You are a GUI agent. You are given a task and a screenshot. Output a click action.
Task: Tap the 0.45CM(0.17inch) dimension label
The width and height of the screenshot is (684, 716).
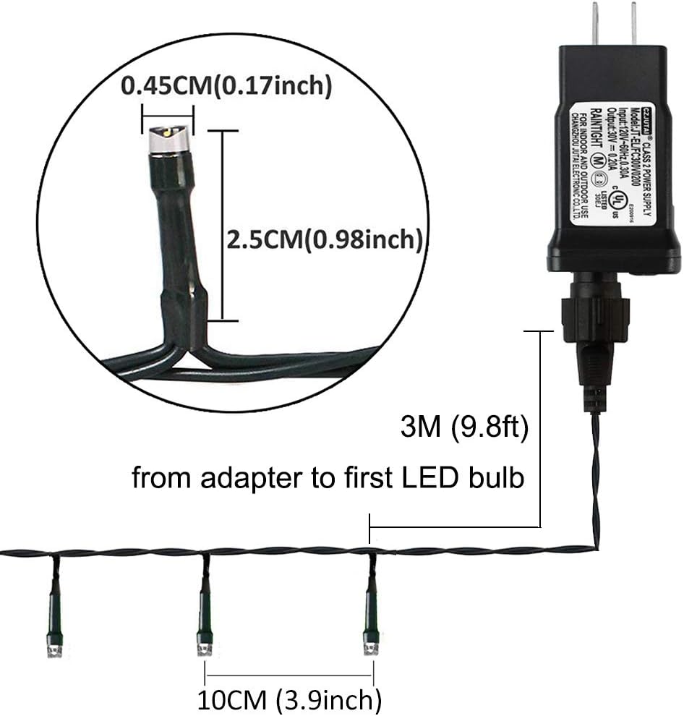coord(226,87)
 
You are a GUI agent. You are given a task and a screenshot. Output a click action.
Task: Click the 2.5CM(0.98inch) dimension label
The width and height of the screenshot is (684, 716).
coord(324,239)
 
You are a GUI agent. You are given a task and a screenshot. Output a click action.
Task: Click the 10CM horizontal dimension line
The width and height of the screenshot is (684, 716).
coord(289,675)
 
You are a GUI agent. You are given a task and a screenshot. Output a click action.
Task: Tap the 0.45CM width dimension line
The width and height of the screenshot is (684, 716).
coord(168,114)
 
